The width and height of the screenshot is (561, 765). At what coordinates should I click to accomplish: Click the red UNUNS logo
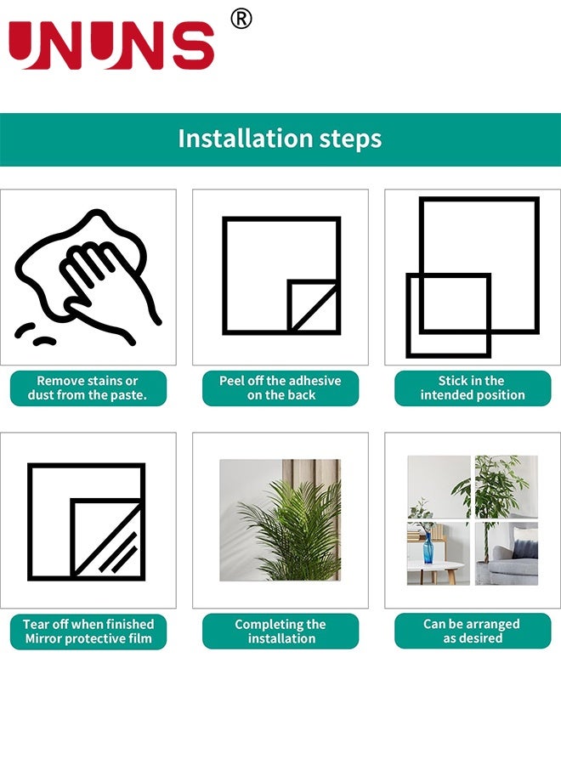[111, 45]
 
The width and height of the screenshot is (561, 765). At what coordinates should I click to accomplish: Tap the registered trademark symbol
[241, 19]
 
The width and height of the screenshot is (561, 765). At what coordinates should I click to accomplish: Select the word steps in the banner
[351, 139]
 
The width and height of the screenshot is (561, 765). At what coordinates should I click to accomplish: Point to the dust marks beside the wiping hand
[34, 334]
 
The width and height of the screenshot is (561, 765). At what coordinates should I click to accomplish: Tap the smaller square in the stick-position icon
[449, 315]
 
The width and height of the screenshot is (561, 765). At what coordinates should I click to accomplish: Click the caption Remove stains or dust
[88, 388]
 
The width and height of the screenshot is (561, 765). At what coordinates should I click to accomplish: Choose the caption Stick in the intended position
[473, 388]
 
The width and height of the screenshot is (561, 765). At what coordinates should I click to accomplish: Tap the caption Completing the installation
[280, 632]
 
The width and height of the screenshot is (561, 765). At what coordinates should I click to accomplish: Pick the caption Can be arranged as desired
[473, 631]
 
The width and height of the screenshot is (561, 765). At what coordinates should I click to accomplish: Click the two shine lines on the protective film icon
[118, 552]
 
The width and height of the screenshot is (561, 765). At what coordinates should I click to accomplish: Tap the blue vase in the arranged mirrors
[428, 548]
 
